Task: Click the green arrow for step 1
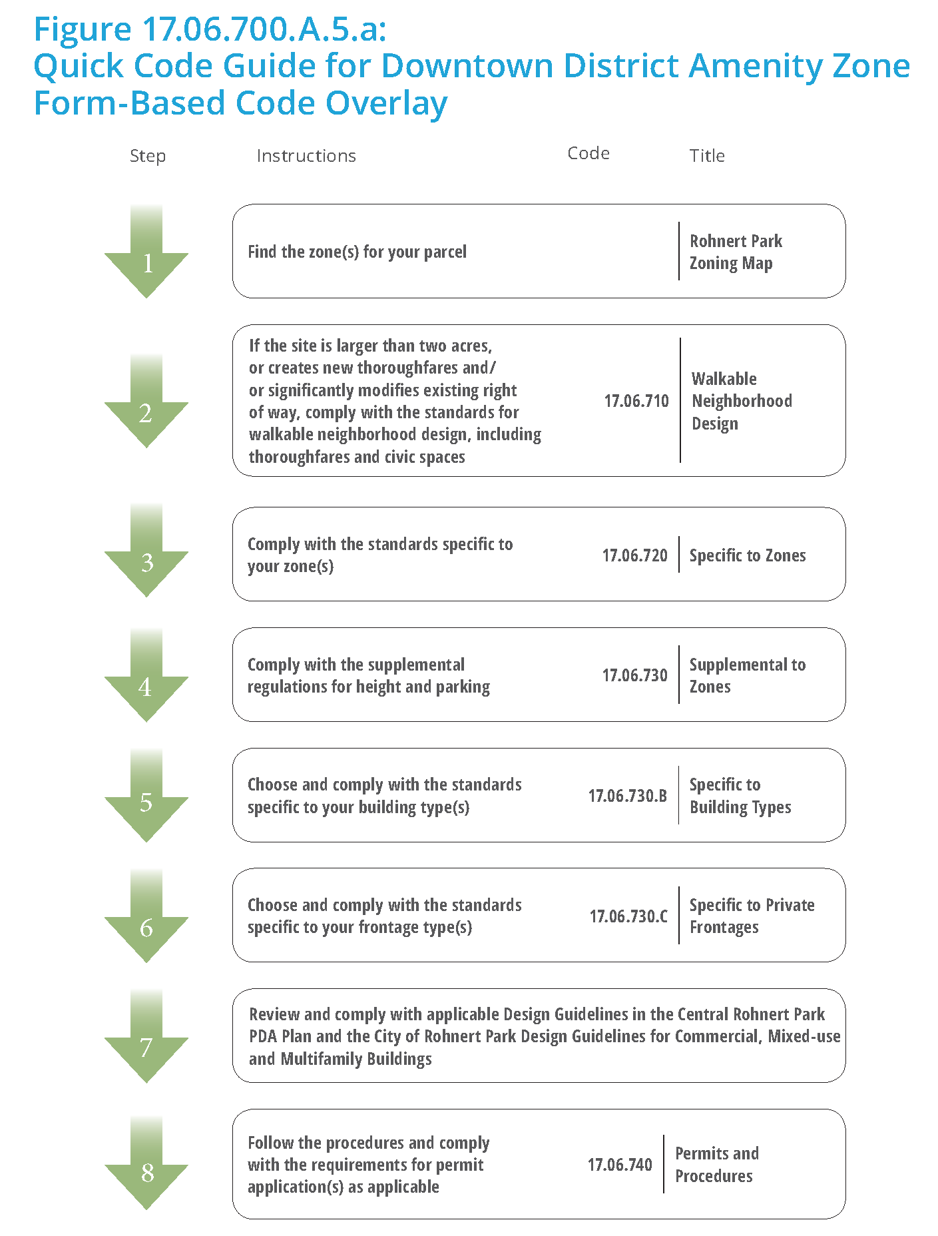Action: point(146,256)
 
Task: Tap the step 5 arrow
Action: point(146,800)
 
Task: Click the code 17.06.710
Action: point(636,401)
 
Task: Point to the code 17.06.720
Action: point(634,555)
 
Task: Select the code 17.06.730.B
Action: point(627,796)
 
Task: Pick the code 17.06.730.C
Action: point(628,916)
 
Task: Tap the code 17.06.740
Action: point(620,1165)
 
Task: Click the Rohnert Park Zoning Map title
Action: point(736,252)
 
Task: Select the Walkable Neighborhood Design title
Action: point(742,401)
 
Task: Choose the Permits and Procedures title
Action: point(716,1165)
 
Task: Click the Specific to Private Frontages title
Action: point(752,916)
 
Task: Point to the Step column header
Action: point(148,156)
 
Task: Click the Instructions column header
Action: point(306,156)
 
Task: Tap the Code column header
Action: point(588,153)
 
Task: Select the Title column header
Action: point(707,156)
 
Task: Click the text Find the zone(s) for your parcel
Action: point(357,252)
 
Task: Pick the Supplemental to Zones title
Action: point(747,675)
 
